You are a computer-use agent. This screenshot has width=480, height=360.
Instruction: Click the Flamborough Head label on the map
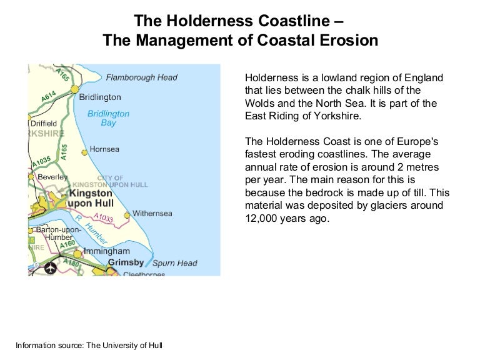141,78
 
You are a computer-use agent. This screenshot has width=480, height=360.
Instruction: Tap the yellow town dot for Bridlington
74,89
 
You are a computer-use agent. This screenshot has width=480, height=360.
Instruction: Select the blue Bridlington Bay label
108,118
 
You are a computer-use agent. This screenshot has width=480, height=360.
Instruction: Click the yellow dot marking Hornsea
84,151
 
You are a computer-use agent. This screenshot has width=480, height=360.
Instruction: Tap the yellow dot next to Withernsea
127,215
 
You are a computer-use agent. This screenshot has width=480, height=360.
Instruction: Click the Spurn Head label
174,263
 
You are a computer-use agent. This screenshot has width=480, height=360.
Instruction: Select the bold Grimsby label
126,262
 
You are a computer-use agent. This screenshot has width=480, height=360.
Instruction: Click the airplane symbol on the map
49,268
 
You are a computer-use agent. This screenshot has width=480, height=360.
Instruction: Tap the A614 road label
49,96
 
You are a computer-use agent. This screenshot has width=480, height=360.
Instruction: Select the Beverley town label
52,177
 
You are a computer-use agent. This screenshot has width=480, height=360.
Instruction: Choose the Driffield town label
44,123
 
